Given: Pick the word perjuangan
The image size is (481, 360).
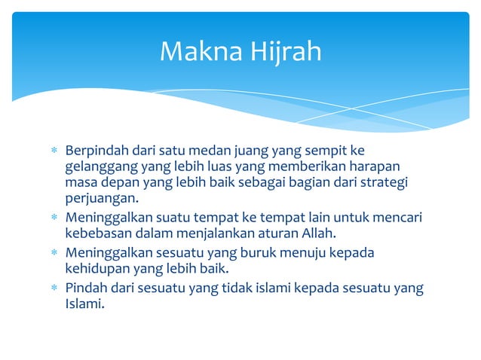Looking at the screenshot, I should tap(102, 200).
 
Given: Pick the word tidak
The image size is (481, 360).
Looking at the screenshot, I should tap(241, 287).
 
